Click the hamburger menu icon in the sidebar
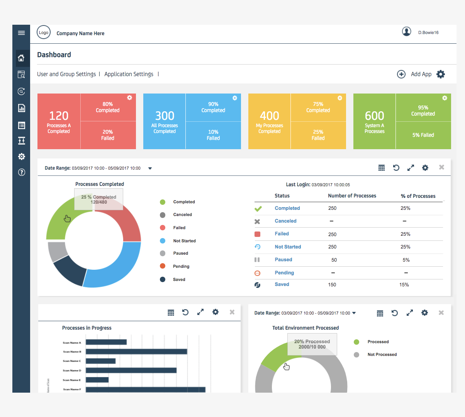tap(21, 33)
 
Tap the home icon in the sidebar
tap(21, 58)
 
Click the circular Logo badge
tap(44, 32)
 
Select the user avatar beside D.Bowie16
tap(406, 32)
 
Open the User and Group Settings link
tap(66, 74)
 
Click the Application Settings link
tap(129, 74)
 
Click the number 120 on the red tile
tap(59, 116)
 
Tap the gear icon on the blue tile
tap(234, 98)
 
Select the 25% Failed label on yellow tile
tap(318, 135)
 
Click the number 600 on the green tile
tap(374, 116)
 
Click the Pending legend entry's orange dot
tap(163, 266)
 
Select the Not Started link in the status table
tap(288, 247)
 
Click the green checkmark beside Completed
tap(258, 209)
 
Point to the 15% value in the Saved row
tap(404, 285)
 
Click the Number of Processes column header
tap(352, 196)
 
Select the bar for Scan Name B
tap(136, 352)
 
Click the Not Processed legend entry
tap(382, 355)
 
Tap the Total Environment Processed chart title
tap(305, 328)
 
